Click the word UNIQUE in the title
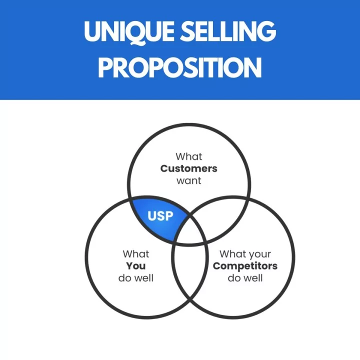(x=129, y=32)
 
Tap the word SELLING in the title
(x=228, y=31)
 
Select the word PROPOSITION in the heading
(x=180, y=67)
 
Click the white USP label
(x=160, y=216)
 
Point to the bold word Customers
(x=188, y=168)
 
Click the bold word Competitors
(x=245, y=266)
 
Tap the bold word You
(x=136, y=266)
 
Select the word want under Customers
(x=188, y=181)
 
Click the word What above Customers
(x=188, y=156)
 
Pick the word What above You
(x=136, y=254)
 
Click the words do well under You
(x=136, y=278)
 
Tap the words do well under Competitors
(x=245, y=278)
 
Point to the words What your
(x=245, y=254)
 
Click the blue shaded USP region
(x=158, y=218)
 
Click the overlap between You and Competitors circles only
(x=190, y=271)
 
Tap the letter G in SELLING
(x=266, y=31)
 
